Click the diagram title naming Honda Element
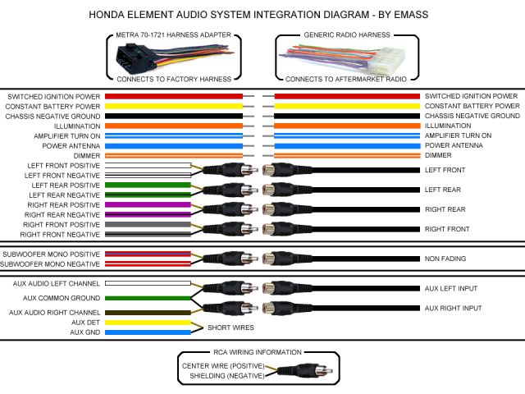pos(262,15)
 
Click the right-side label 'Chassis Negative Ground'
pos(472,116)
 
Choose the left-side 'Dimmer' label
pos(87,155)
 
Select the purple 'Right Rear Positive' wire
pos(148,204)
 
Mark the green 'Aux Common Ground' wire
pos(148,298)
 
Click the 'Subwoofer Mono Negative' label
pos(51,264)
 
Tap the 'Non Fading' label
pos(445,259)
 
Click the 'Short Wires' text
pos(231,327)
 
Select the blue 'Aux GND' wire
pos(148,332)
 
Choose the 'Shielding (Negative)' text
pos(227,375)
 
